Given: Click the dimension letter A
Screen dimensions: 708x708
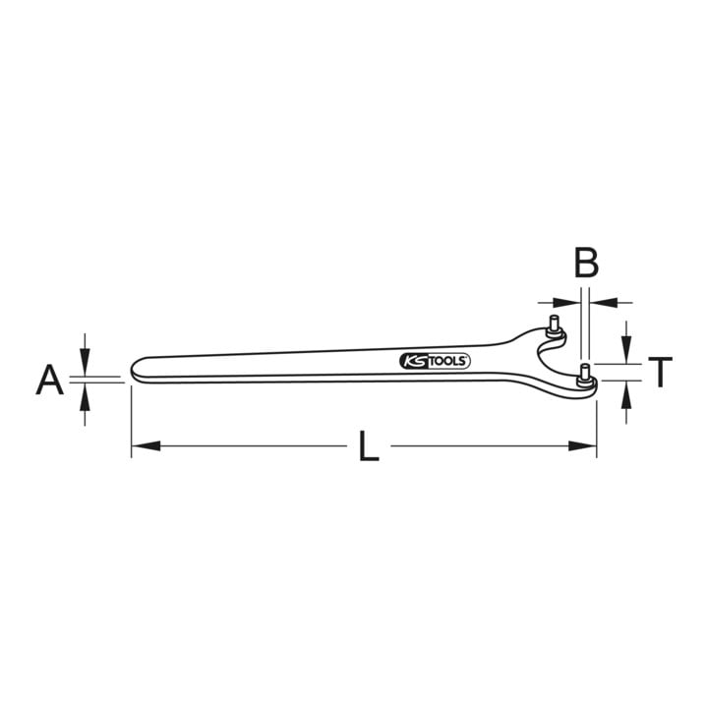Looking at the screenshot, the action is point(50,381).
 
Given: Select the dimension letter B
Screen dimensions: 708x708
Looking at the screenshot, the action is point(586,263).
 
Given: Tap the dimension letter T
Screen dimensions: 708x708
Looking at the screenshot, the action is point(660,372).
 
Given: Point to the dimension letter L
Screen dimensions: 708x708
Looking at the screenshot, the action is point(369,446).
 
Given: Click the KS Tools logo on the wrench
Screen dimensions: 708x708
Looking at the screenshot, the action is point(435,361).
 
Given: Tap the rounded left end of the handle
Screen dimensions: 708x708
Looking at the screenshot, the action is point(137,370).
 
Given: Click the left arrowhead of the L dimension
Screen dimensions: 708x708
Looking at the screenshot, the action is point(146,446).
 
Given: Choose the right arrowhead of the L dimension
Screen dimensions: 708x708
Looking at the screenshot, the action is point(582,446).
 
